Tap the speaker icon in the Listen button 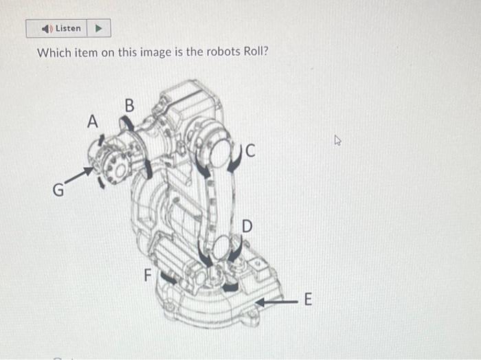(46, 29)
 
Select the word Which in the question (53, 53)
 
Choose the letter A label (93, 121)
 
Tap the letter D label (247, 227)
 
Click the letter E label (307, 300)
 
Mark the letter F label (146, 275)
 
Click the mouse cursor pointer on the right (337, 141)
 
